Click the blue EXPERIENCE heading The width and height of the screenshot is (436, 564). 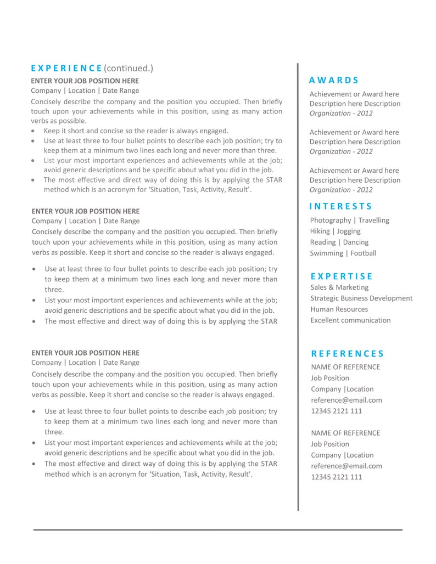click(x=66, y=68)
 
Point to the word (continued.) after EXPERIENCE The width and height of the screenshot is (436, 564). click(x=128, y=68)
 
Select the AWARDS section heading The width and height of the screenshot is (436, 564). click(x=334, y=80)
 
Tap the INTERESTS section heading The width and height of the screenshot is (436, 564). click(x=340, y=206)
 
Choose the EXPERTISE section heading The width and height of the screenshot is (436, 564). click(x=342, y=276)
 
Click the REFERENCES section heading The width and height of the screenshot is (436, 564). click(x=348, y=354)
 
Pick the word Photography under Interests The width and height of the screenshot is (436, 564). click(x=330, y=220)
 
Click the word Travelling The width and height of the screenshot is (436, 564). click(x=374, y=220)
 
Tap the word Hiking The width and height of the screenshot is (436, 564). click(x=320, y=231)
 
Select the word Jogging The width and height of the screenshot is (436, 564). click(x=349, y=231)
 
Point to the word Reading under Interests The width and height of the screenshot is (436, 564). click(x=322, y=242)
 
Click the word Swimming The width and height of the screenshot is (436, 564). click(x=326, y=253)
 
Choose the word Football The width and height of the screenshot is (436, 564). click(x=364, y=253)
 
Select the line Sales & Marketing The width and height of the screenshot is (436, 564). click(x=339, y=287)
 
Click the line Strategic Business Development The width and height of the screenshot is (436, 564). click(x=361, y=298)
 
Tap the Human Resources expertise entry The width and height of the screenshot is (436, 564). click(x=339, y=309)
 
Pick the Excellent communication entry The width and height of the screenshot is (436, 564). click(x=350, y=320)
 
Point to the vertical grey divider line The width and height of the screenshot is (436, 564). click(x=298, y=285)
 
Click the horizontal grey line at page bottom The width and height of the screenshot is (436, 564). click(x=217, y=530)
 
